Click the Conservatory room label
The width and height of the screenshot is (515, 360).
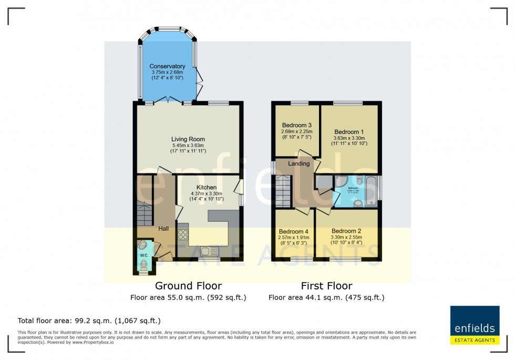click(x=167, y=66)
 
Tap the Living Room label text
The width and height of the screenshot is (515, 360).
click(x=187, y=138)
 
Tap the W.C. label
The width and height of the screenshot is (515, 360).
click(x=144, y=255)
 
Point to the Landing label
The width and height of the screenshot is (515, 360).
click(x=298, y=163)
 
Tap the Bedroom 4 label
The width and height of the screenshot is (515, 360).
click(x=294, y=231)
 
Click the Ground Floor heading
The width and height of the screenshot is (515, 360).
click(x=188, y=286)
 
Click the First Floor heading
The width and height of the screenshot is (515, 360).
click(x=326, y=286)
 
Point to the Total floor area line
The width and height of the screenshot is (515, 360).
click(x=89, y=320)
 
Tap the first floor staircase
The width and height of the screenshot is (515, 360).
click(x=283, y=191)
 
